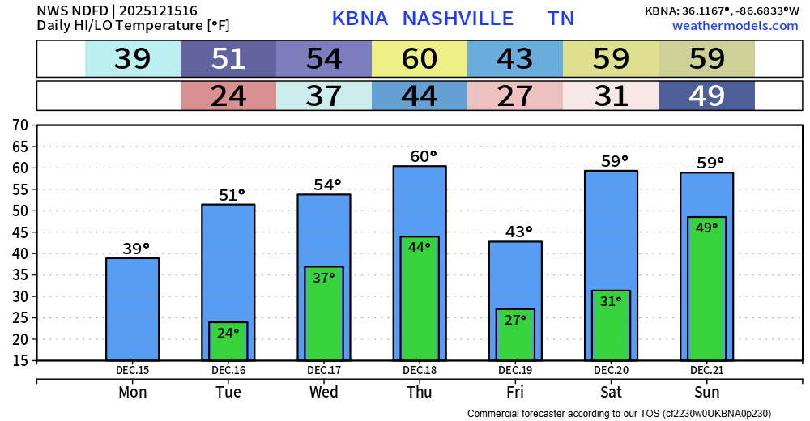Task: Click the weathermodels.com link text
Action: point(735,26)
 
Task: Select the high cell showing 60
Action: point(420,59)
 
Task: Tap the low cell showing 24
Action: point(228,96)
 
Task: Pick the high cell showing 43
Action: point(515,59)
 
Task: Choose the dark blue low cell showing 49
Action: point(706,96)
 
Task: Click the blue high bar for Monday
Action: point(132,308)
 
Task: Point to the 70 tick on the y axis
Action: point(20,125)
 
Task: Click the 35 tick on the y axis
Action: point(20,274)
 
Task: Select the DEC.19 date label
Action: point(515,371)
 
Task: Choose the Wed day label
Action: point(324,392)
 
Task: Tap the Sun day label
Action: point(706,392)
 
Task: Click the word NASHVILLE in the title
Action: point(458,19)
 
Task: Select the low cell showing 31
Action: point(611,96)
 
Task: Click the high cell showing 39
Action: point(133,59)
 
